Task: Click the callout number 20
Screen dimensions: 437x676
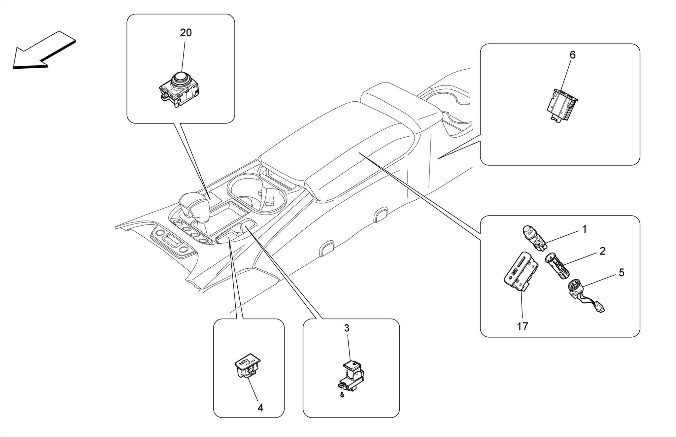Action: click(x=186, y=33)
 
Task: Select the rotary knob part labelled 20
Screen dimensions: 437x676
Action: click(x=179, y=88)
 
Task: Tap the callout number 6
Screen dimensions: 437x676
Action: click(x=572, y=55)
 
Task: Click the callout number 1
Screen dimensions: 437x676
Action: click(x=584, y=229)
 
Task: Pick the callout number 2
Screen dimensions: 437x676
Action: click(x=602, y=251)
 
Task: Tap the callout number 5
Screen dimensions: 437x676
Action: click(x=621, y=273)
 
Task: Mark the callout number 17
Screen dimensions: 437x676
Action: click(x=522, y=326)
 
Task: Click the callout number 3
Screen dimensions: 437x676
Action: click(x=346, y=328)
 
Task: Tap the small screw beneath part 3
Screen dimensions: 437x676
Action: click(x=342, y=395)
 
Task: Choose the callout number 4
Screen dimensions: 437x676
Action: click(x=260, y=408)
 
